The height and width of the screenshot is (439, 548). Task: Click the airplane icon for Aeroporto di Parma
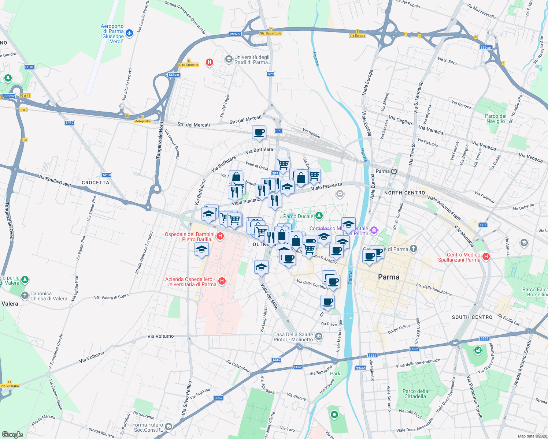(x=129, y=33)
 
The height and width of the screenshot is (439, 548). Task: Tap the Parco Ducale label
(x=298, y=216)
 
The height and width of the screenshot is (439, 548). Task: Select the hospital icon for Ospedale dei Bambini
(x=220, y=236)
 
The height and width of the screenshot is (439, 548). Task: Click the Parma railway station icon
(x=394, y=171)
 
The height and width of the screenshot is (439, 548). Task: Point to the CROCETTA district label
(x=95, y=183)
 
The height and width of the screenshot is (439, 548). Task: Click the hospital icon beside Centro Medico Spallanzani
(x=486, y=256)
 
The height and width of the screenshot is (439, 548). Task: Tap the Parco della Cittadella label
(x=415, y=394)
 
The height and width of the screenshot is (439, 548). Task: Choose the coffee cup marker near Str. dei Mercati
(x=259, y=132)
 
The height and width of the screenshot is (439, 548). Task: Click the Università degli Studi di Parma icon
(x=229, y=59)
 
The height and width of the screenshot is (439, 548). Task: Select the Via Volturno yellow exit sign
(x=10, y=386)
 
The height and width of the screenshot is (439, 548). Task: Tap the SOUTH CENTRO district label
(x=472, y=317)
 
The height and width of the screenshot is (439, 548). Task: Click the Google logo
(x=12, y=434)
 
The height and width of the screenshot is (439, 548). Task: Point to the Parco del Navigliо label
(x=496, y=119)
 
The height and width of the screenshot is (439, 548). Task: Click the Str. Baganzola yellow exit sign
(x=271, y=33)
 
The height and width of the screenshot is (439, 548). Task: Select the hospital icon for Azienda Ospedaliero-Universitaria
(x=222, y=281)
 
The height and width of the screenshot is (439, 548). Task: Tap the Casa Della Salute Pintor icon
(x=318, y=336)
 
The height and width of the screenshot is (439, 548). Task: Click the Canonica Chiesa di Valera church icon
(x=25, y=295)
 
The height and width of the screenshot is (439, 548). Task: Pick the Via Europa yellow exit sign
(x=357, y=35)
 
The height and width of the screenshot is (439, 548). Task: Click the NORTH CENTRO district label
(x=404, y=193)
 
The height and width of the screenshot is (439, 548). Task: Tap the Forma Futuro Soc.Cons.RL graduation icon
(x=168, y=427)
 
